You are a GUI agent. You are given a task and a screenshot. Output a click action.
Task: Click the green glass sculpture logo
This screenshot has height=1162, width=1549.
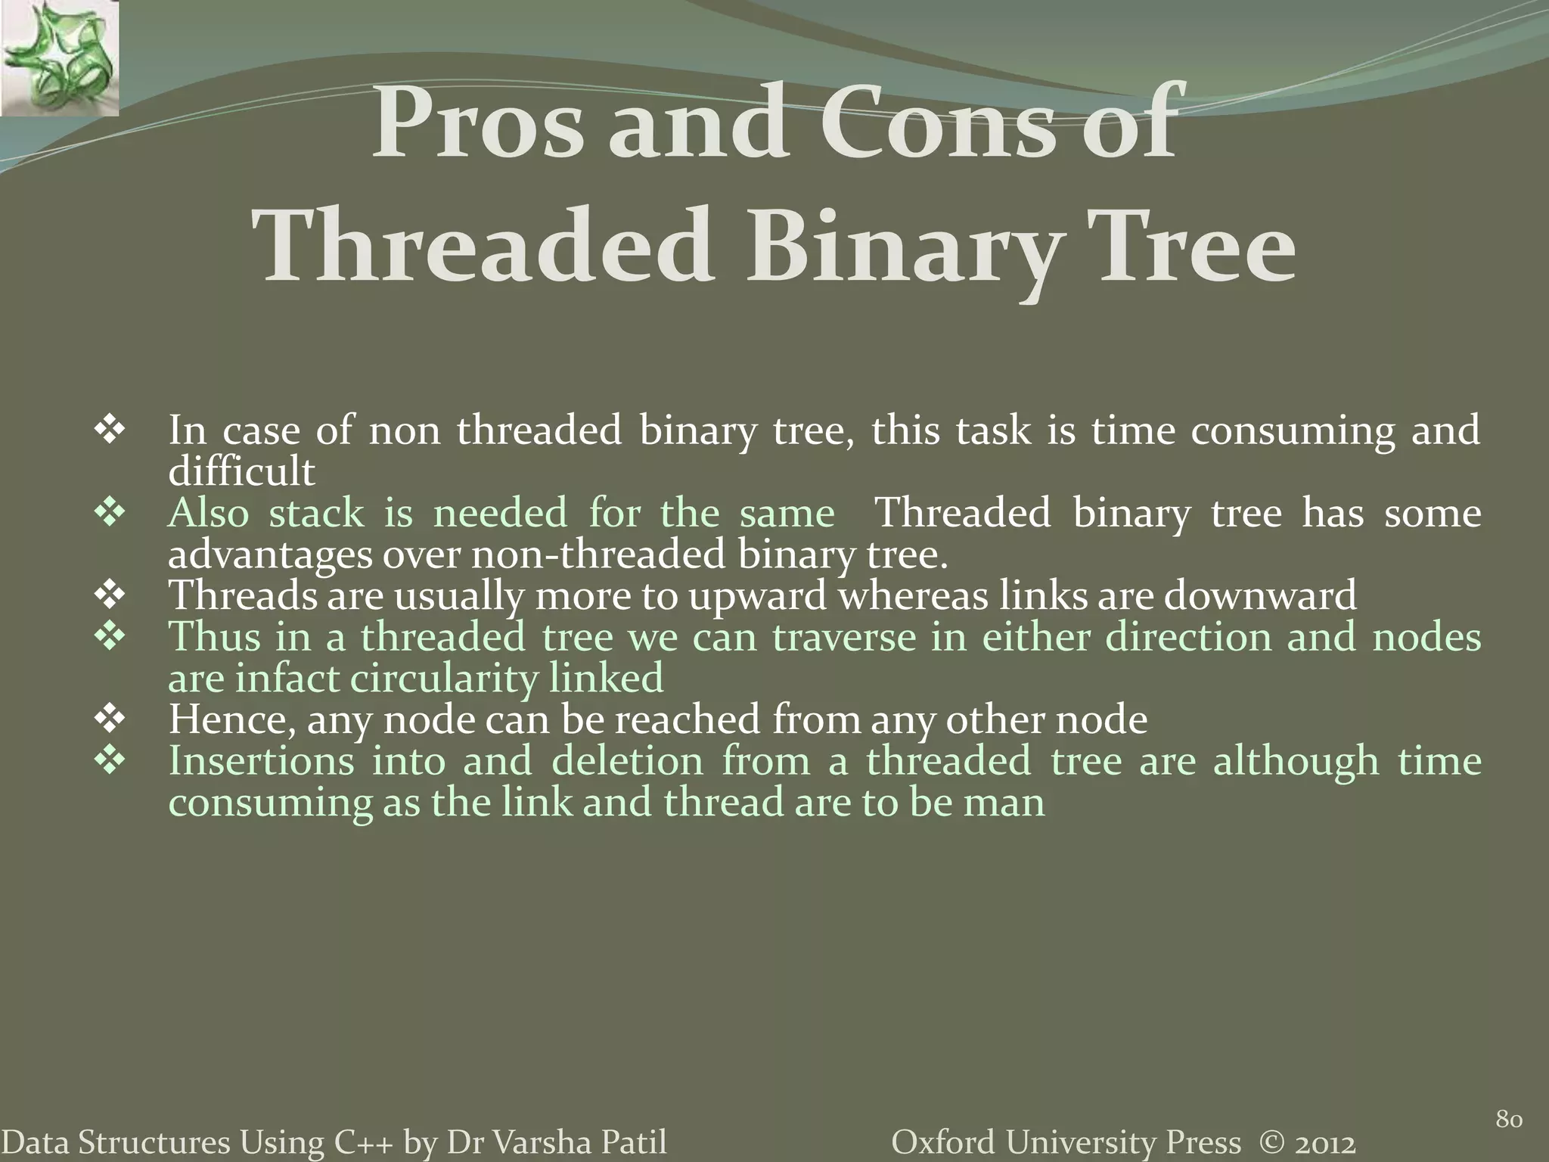pos(59,57)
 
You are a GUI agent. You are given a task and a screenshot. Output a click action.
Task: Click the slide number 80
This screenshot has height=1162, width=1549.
pos(1509,1119)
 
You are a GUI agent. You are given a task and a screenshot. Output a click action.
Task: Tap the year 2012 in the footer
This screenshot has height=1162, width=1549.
pos(1322,1143)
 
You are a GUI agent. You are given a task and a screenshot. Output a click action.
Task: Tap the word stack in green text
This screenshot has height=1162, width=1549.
pos(316,514)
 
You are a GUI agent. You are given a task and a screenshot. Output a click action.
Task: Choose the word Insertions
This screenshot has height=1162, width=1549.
pos(261,761)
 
